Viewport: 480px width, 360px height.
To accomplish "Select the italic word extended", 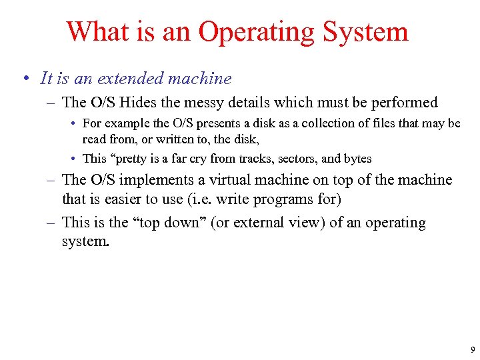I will click(x=130, y=79).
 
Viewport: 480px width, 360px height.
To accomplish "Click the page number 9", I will click(x=472, y=349).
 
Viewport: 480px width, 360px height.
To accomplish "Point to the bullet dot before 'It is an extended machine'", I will click(x=24, y=79).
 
